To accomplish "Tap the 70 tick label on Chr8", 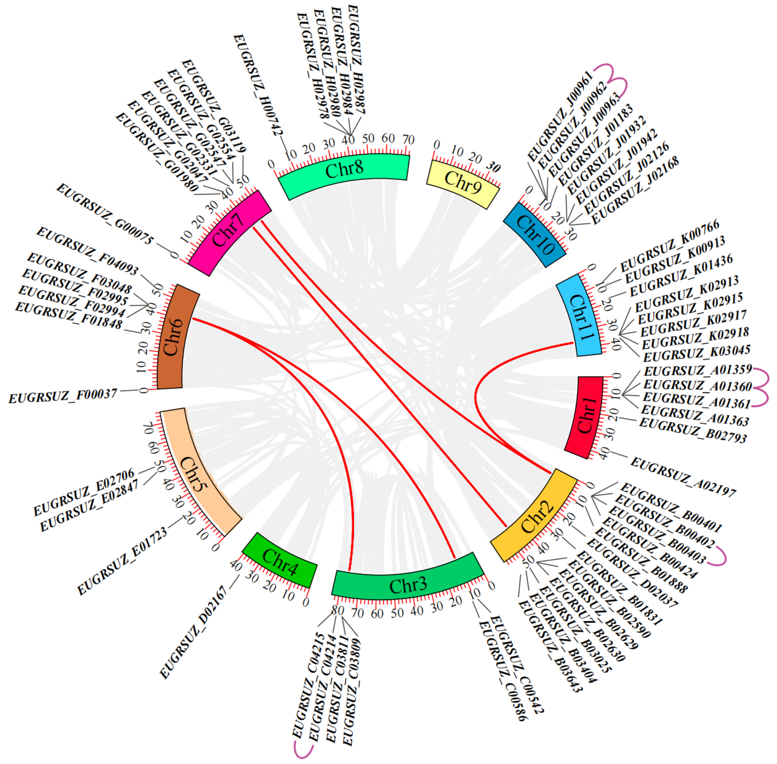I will click(408, 140).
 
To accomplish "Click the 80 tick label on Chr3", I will click(338, 610).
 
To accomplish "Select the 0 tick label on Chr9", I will click(437, 145).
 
